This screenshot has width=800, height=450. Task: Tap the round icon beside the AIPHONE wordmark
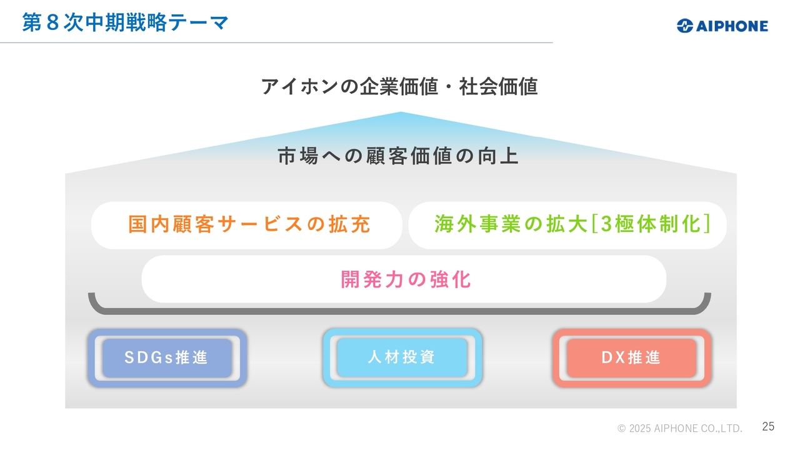(685, 26)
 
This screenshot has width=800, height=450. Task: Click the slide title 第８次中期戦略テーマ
(125, 22)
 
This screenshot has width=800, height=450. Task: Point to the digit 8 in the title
(52, 22)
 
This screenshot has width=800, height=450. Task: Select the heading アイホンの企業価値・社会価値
(399, 86)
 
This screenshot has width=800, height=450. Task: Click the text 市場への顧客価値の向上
(399, 156)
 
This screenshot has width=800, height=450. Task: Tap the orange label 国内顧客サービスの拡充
(249, 224)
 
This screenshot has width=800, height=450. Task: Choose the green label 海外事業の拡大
(511, 224)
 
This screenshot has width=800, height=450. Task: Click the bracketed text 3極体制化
(651, 224)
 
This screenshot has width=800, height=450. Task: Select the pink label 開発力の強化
(406, 279)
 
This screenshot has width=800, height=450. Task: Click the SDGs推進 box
(167, 358)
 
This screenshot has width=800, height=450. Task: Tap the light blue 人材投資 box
(402, 358)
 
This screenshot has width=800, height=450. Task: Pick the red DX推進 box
(632, 358)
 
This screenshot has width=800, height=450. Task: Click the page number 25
(768, 426)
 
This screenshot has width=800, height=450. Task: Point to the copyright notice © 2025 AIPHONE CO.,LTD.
(680, 428)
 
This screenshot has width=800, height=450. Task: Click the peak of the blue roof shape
(401, 112)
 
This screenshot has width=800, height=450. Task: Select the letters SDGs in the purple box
(149, 357)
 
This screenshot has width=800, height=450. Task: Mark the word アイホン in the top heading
(299, 86)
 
